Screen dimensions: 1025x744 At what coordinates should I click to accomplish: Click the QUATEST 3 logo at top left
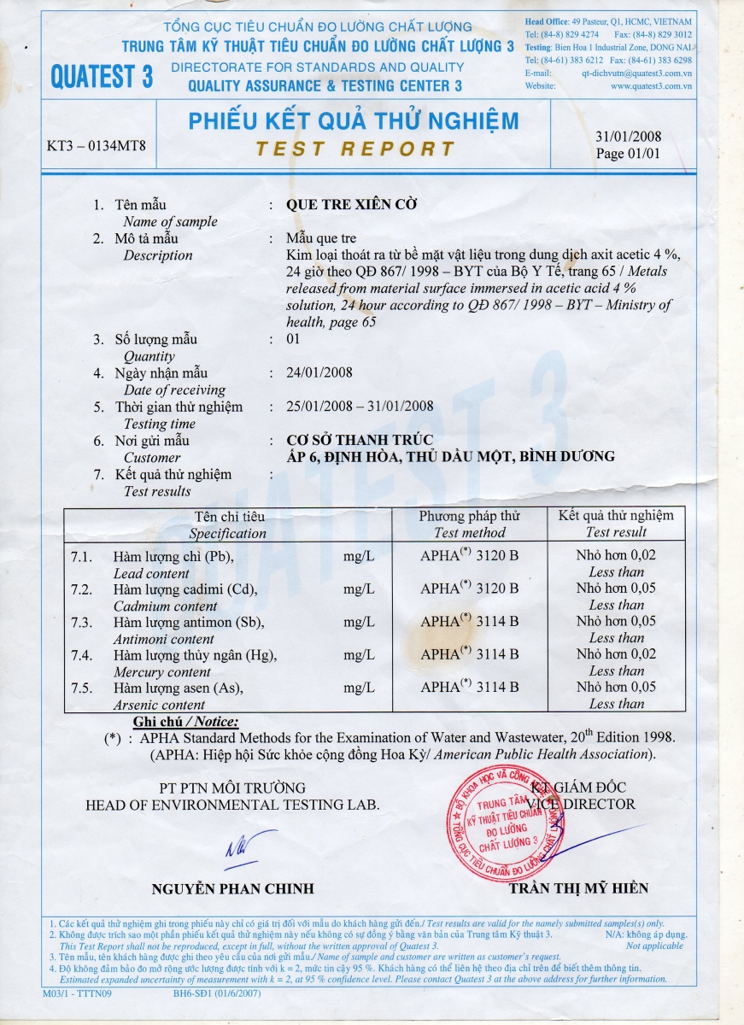click(101, 75)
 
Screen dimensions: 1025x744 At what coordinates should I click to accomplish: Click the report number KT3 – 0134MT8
click(96, 145)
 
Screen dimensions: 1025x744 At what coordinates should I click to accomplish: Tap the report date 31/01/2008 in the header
click(628, 137)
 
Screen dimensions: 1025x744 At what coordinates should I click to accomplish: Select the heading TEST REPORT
click(354, 149)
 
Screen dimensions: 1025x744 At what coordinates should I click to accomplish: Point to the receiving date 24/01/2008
click(320, 372)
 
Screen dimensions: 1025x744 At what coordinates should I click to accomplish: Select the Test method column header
click(469, 532)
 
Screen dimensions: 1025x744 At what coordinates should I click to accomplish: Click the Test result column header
click(616, 532)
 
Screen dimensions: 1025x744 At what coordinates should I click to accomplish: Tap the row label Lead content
click(152, 573)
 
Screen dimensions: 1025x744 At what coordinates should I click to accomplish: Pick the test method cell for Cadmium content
click(469, 589)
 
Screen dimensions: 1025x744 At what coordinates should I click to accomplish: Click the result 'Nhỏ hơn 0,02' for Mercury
click(616, 654)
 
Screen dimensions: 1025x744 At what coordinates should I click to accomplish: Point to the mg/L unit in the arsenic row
click(359, 688)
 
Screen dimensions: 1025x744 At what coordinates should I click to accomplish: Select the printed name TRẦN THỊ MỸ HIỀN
click(578, 888)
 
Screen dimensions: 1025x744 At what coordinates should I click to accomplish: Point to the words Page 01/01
click(628, 155)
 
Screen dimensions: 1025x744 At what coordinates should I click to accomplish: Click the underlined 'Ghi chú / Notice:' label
click(185, 722)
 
